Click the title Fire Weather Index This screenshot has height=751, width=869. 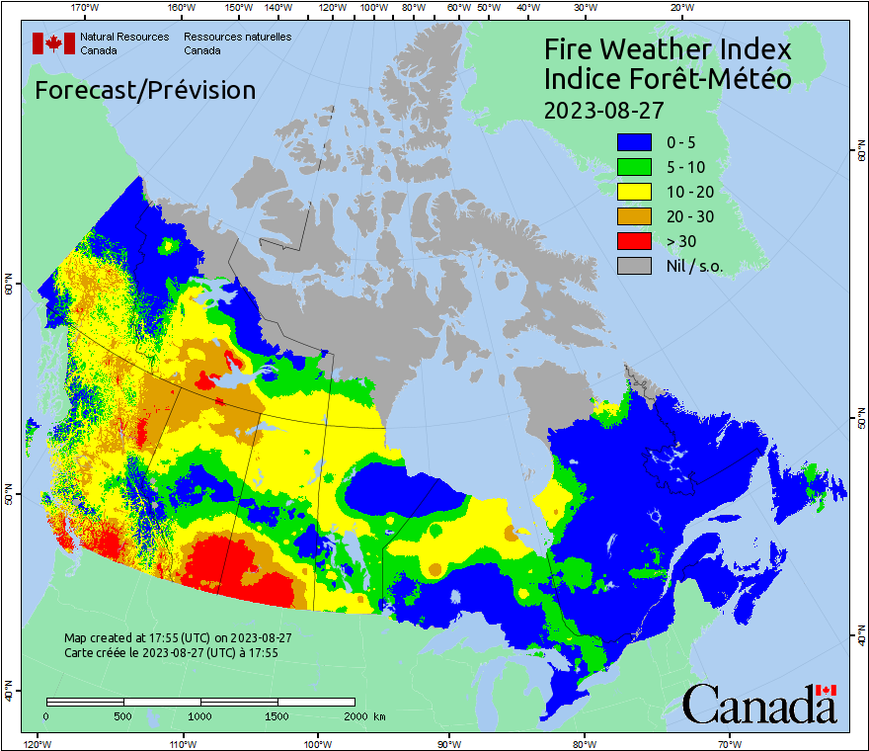tap(668, 49)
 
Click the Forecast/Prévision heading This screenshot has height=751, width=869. tap(145, 90)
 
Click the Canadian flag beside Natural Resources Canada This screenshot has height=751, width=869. tap(53, 43)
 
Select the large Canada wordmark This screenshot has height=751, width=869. tap(759, 704)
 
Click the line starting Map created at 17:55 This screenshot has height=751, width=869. tap(178, 638)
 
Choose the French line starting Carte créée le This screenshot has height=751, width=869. tap(171, 652)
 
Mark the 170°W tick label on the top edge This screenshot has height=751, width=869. tap(86, 8)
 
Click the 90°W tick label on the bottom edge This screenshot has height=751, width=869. tap(449, 743)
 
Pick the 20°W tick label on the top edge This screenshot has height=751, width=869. tap(679, 8)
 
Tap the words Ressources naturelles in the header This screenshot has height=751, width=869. tap(237, 37)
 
